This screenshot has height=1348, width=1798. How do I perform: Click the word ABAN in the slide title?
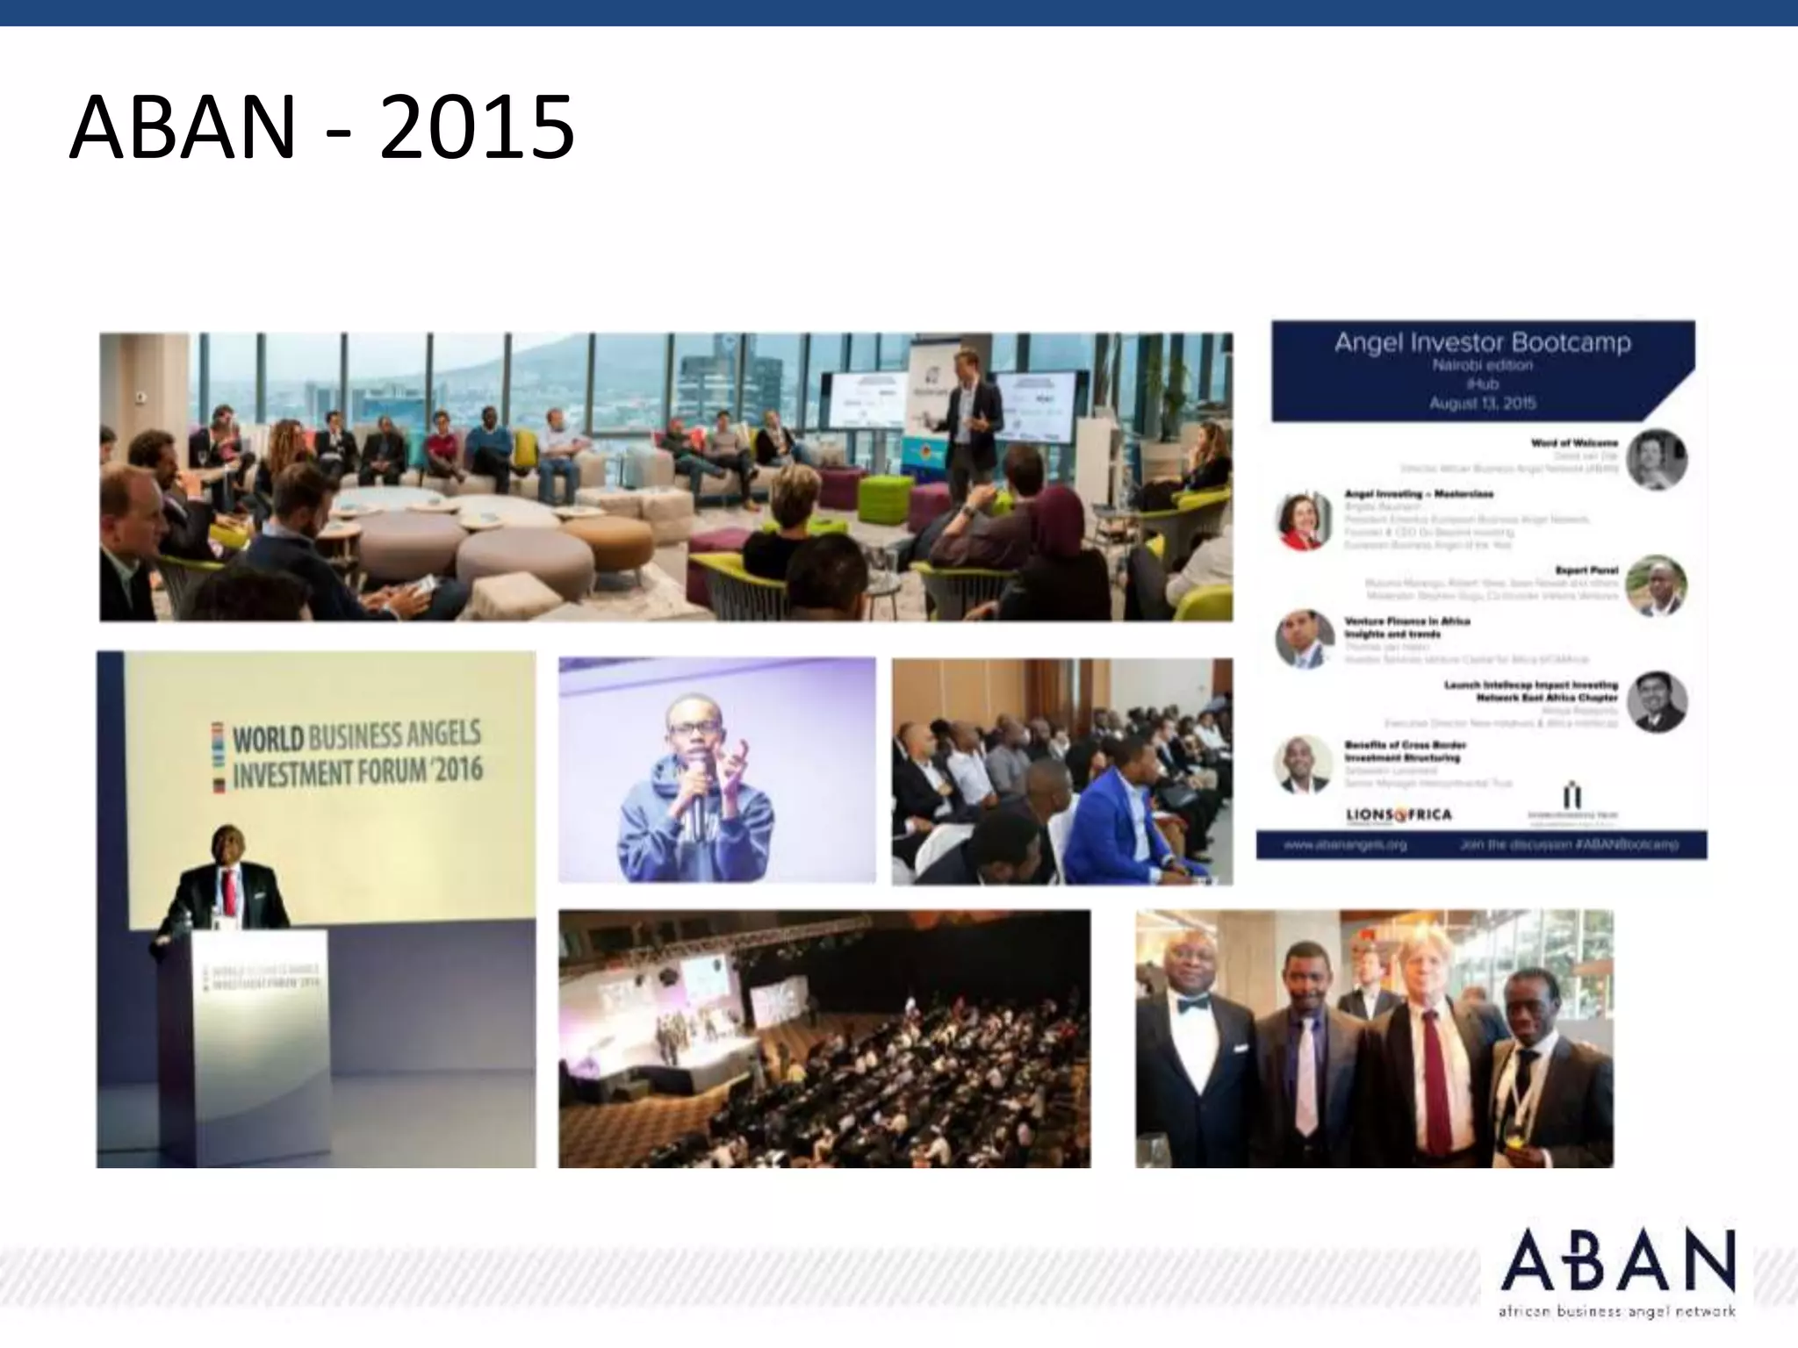click(x=182, y=129)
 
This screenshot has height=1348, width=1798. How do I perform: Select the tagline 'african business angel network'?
click(x=1616, y=1312)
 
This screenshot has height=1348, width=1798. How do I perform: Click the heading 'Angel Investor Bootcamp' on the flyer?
click(x=1482, y=342)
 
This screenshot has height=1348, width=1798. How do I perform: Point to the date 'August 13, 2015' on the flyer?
click(x=1482, y=404)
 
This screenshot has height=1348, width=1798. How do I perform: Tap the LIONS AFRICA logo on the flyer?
click(x=1399, y=815)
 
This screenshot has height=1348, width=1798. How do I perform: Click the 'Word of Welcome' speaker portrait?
click(x=1656, y=459)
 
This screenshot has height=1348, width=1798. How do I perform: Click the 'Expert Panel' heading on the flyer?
click(x=1586, y=570)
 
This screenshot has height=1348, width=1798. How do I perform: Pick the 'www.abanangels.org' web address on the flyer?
click(x=1345, y=844)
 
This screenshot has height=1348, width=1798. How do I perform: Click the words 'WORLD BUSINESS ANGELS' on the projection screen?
click(x=356, y=735)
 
